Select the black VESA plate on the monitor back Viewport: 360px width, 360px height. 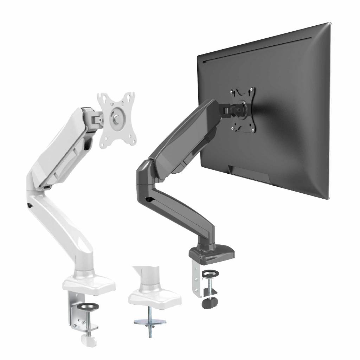click(x=243, y=110)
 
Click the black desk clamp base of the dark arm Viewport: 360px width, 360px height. click(x=212, y=254)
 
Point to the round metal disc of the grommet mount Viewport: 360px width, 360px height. click(x=150, y=322)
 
